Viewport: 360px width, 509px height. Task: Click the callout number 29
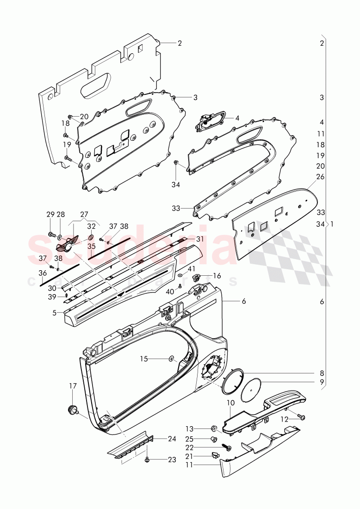tap(50, 214)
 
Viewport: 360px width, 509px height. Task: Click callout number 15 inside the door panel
tap(144, 358)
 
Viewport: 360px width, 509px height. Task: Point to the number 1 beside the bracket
tap(332, 224)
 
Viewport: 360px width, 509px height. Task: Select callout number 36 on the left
tap(43, 273)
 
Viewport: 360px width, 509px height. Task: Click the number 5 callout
tap(55, 313)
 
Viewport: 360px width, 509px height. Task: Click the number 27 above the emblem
tap(84, 214)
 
